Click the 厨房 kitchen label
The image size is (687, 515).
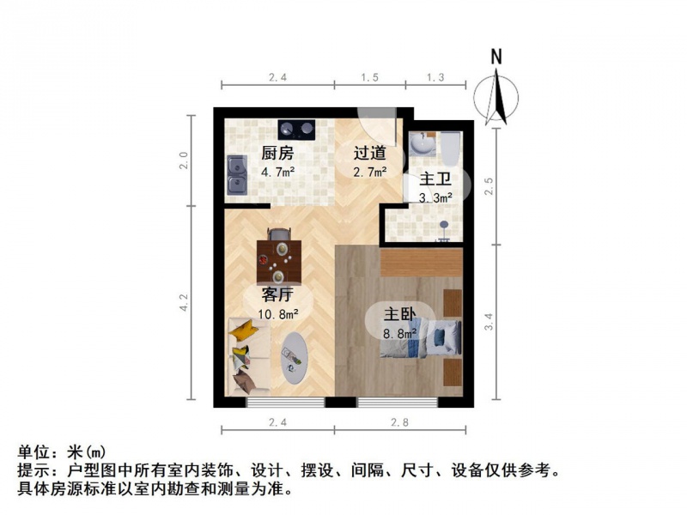point(277,154)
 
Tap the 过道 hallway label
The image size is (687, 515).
point(370,154)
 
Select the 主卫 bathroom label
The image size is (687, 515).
point(435,179)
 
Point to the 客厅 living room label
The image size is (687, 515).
point(277,294)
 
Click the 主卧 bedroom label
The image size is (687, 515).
point(400,314)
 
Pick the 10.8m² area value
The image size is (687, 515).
point(278,314)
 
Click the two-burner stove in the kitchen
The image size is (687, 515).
point(296,129)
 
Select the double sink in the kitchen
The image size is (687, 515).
point(237,175)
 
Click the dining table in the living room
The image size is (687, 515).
point(278,262)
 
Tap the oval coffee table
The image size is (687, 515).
point(294,358)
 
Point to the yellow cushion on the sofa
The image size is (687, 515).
point(243,330)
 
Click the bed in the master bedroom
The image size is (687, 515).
point(421,337)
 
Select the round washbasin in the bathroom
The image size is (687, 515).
point(423,143)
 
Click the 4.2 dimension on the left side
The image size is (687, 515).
point(184,302)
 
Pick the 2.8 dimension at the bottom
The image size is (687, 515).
point(400,422)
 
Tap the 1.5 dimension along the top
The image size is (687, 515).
point(370,77)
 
